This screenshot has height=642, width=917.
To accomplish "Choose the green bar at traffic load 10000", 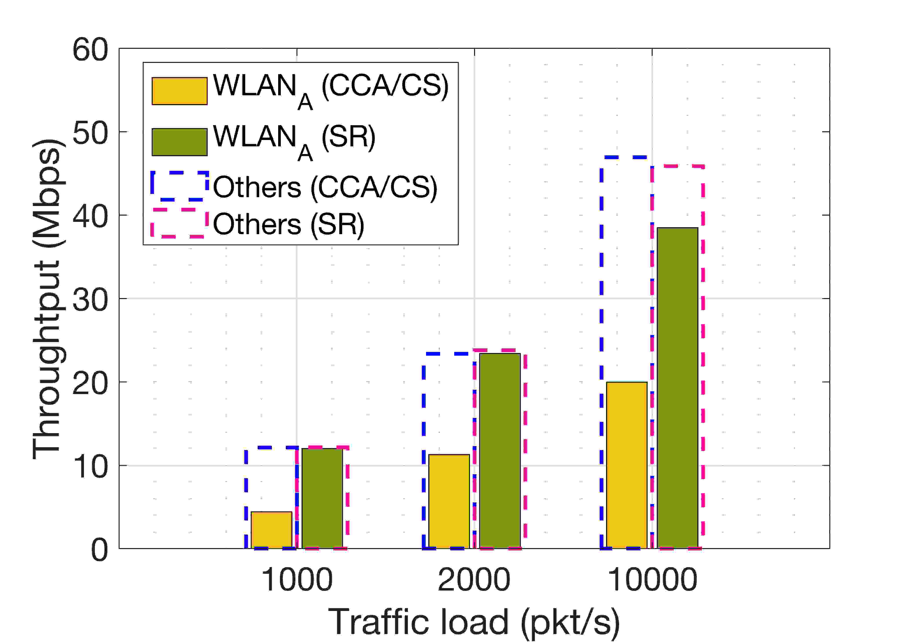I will click(x=677, y=388).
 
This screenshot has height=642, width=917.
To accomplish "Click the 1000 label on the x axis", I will click(x=297, y=580).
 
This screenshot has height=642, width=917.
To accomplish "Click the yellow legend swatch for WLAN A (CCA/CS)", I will click(x=179, y=91).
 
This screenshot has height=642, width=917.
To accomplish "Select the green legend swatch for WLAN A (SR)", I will click(x=179, y=142).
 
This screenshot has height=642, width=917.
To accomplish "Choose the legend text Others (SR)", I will click(x=288, y=224).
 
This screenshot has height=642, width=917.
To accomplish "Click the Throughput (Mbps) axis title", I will click(x=47, y=300).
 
